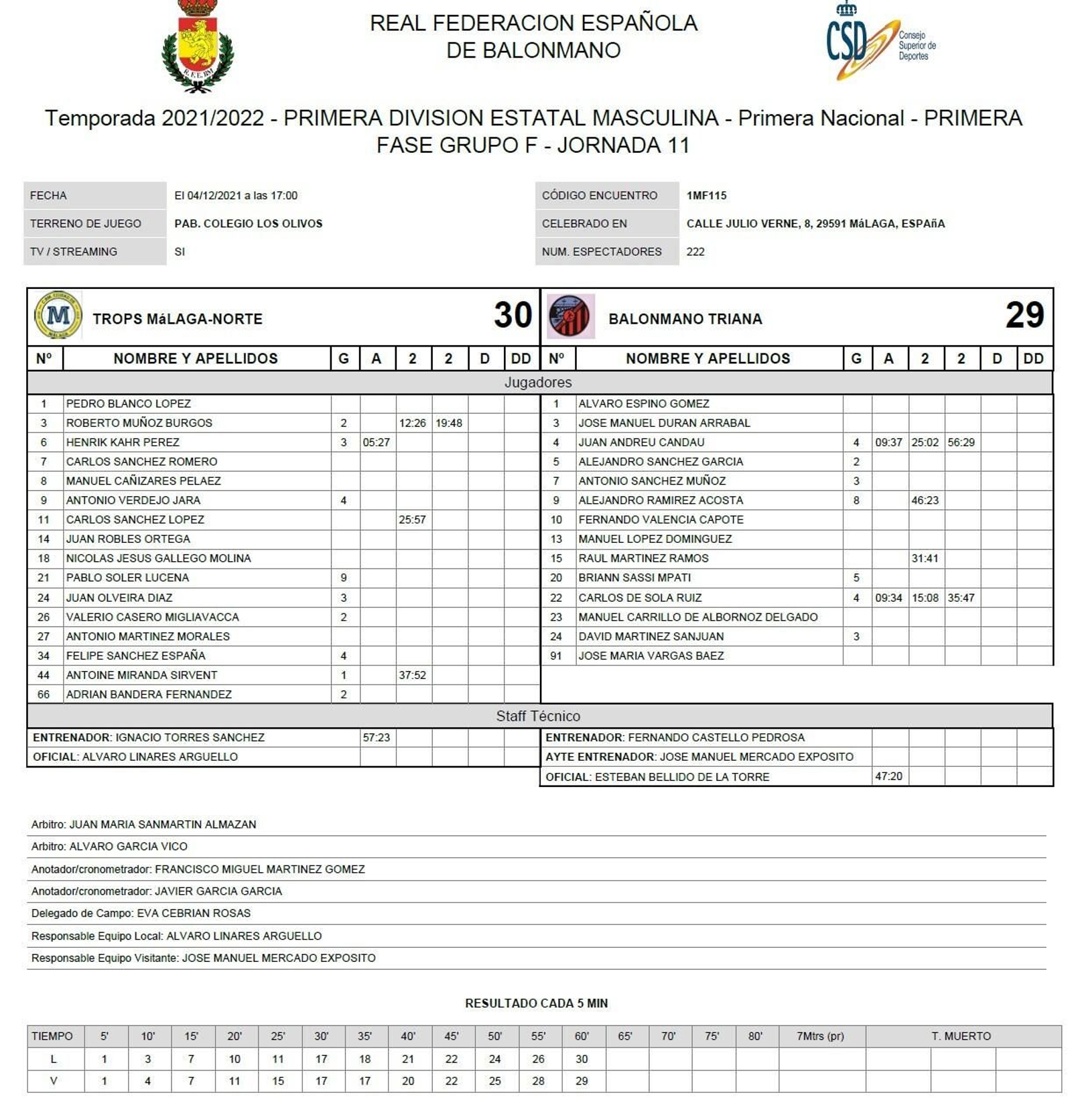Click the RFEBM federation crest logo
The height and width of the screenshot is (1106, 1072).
198,46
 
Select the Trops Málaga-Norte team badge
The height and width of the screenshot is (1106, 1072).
58,315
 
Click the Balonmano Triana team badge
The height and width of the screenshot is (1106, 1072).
570,316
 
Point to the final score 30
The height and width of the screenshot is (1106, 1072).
513,315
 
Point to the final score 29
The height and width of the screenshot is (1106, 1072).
1024,315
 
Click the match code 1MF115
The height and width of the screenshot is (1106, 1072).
706,196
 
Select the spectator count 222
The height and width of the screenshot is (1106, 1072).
695,252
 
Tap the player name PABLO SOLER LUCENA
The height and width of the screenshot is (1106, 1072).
127,578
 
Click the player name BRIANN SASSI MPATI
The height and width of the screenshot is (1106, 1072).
634,578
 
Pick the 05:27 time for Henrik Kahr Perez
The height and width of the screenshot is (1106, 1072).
376,442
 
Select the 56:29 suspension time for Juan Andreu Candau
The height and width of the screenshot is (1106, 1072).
961,442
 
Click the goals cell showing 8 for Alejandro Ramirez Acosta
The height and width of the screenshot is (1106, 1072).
856,501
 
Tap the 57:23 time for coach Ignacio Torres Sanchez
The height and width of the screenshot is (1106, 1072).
376,737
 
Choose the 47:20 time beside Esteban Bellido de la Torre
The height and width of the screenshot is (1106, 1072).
888,776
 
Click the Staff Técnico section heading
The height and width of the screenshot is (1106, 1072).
538,716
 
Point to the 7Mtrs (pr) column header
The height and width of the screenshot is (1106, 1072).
820,1036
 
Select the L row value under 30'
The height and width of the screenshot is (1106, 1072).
322,1059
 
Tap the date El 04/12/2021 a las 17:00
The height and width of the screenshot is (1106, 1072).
236,196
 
